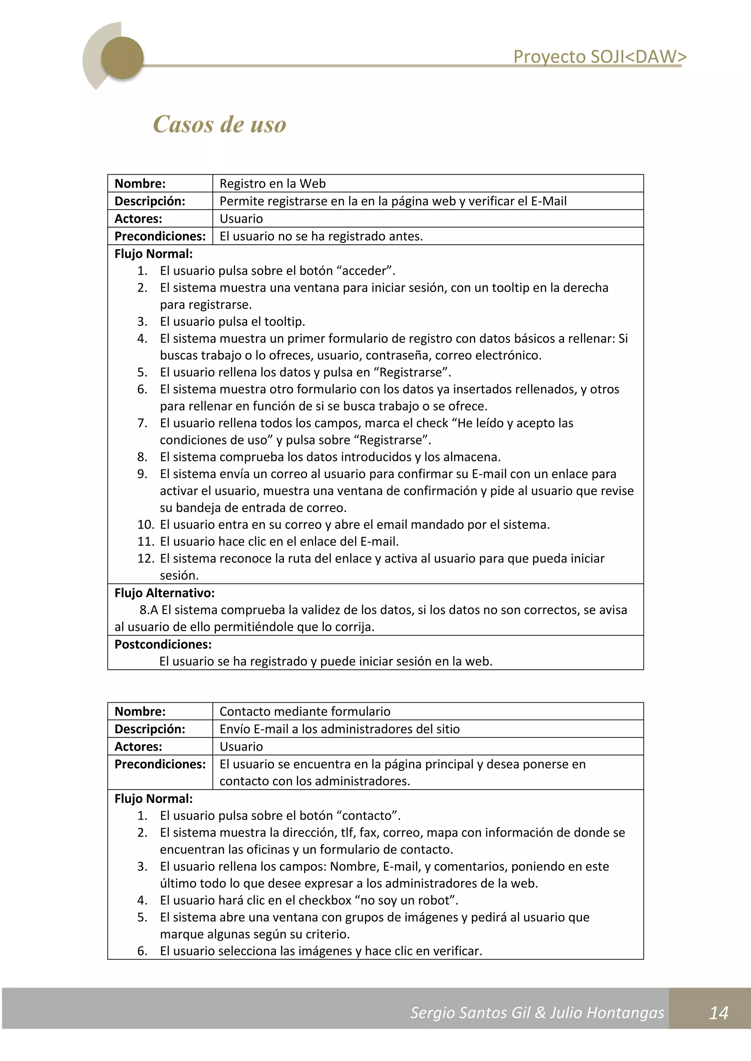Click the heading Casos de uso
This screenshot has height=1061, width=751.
[220, 124]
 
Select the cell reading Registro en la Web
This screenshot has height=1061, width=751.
[272, 184]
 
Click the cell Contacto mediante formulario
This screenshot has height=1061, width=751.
[305, 711]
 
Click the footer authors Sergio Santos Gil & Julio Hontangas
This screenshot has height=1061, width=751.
[537, 1013]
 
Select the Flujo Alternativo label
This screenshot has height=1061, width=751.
[164, 593]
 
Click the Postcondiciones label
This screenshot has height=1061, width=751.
[163, 644]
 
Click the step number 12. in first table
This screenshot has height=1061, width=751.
[145, 559]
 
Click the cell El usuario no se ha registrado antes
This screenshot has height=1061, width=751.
[321, 236]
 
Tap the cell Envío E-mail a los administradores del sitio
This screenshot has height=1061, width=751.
[340, 729]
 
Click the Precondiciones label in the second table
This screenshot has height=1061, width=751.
[160, 764]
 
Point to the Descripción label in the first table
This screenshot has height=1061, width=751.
[150, 201]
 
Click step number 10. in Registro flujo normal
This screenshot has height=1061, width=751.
[145, 525]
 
